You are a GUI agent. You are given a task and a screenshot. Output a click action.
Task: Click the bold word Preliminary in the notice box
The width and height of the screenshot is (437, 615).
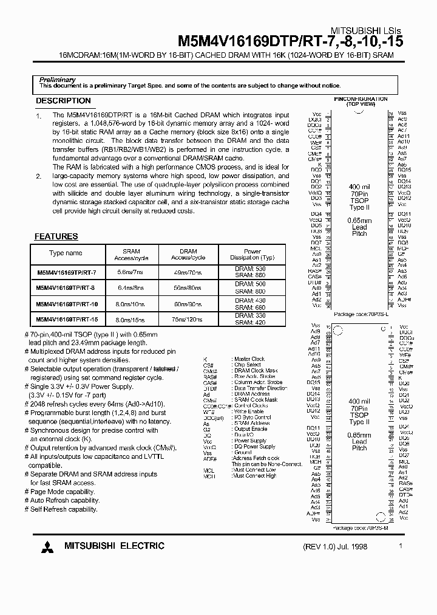[57, 80]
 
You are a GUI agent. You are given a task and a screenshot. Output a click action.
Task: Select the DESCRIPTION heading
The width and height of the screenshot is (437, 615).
[63, 101]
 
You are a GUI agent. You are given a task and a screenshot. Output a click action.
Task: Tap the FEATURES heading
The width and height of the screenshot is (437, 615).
[56, 236]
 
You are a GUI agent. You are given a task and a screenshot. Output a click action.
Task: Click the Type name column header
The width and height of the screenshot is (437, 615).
[66, 253]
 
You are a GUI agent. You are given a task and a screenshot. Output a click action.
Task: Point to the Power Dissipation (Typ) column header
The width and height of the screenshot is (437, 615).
[252, 254]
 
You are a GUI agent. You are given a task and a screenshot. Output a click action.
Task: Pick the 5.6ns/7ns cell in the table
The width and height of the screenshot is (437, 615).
[132, 272]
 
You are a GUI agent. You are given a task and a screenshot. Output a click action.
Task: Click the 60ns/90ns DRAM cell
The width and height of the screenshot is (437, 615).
[188, 303]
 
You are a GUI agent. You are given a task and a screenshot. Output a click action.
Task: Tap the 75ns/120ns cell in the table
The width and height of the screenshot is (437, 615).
[188, 319]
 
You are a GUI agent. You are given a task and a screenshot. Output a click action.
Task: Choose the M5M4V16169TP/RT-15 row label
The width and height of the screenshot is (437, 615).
[67, 319]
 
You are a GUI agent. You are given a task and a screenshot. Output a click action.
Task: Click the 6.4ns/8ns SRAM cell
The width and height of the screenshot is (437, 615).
[132, 287]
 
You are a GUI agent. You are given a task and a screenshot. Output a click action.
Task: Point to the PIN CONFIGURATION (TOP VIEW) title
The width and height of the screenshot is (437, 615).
[361, 101]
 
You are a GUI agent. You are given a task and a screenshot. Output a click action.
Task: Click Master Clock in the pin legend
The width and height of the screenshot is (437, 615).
[250, 359]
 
